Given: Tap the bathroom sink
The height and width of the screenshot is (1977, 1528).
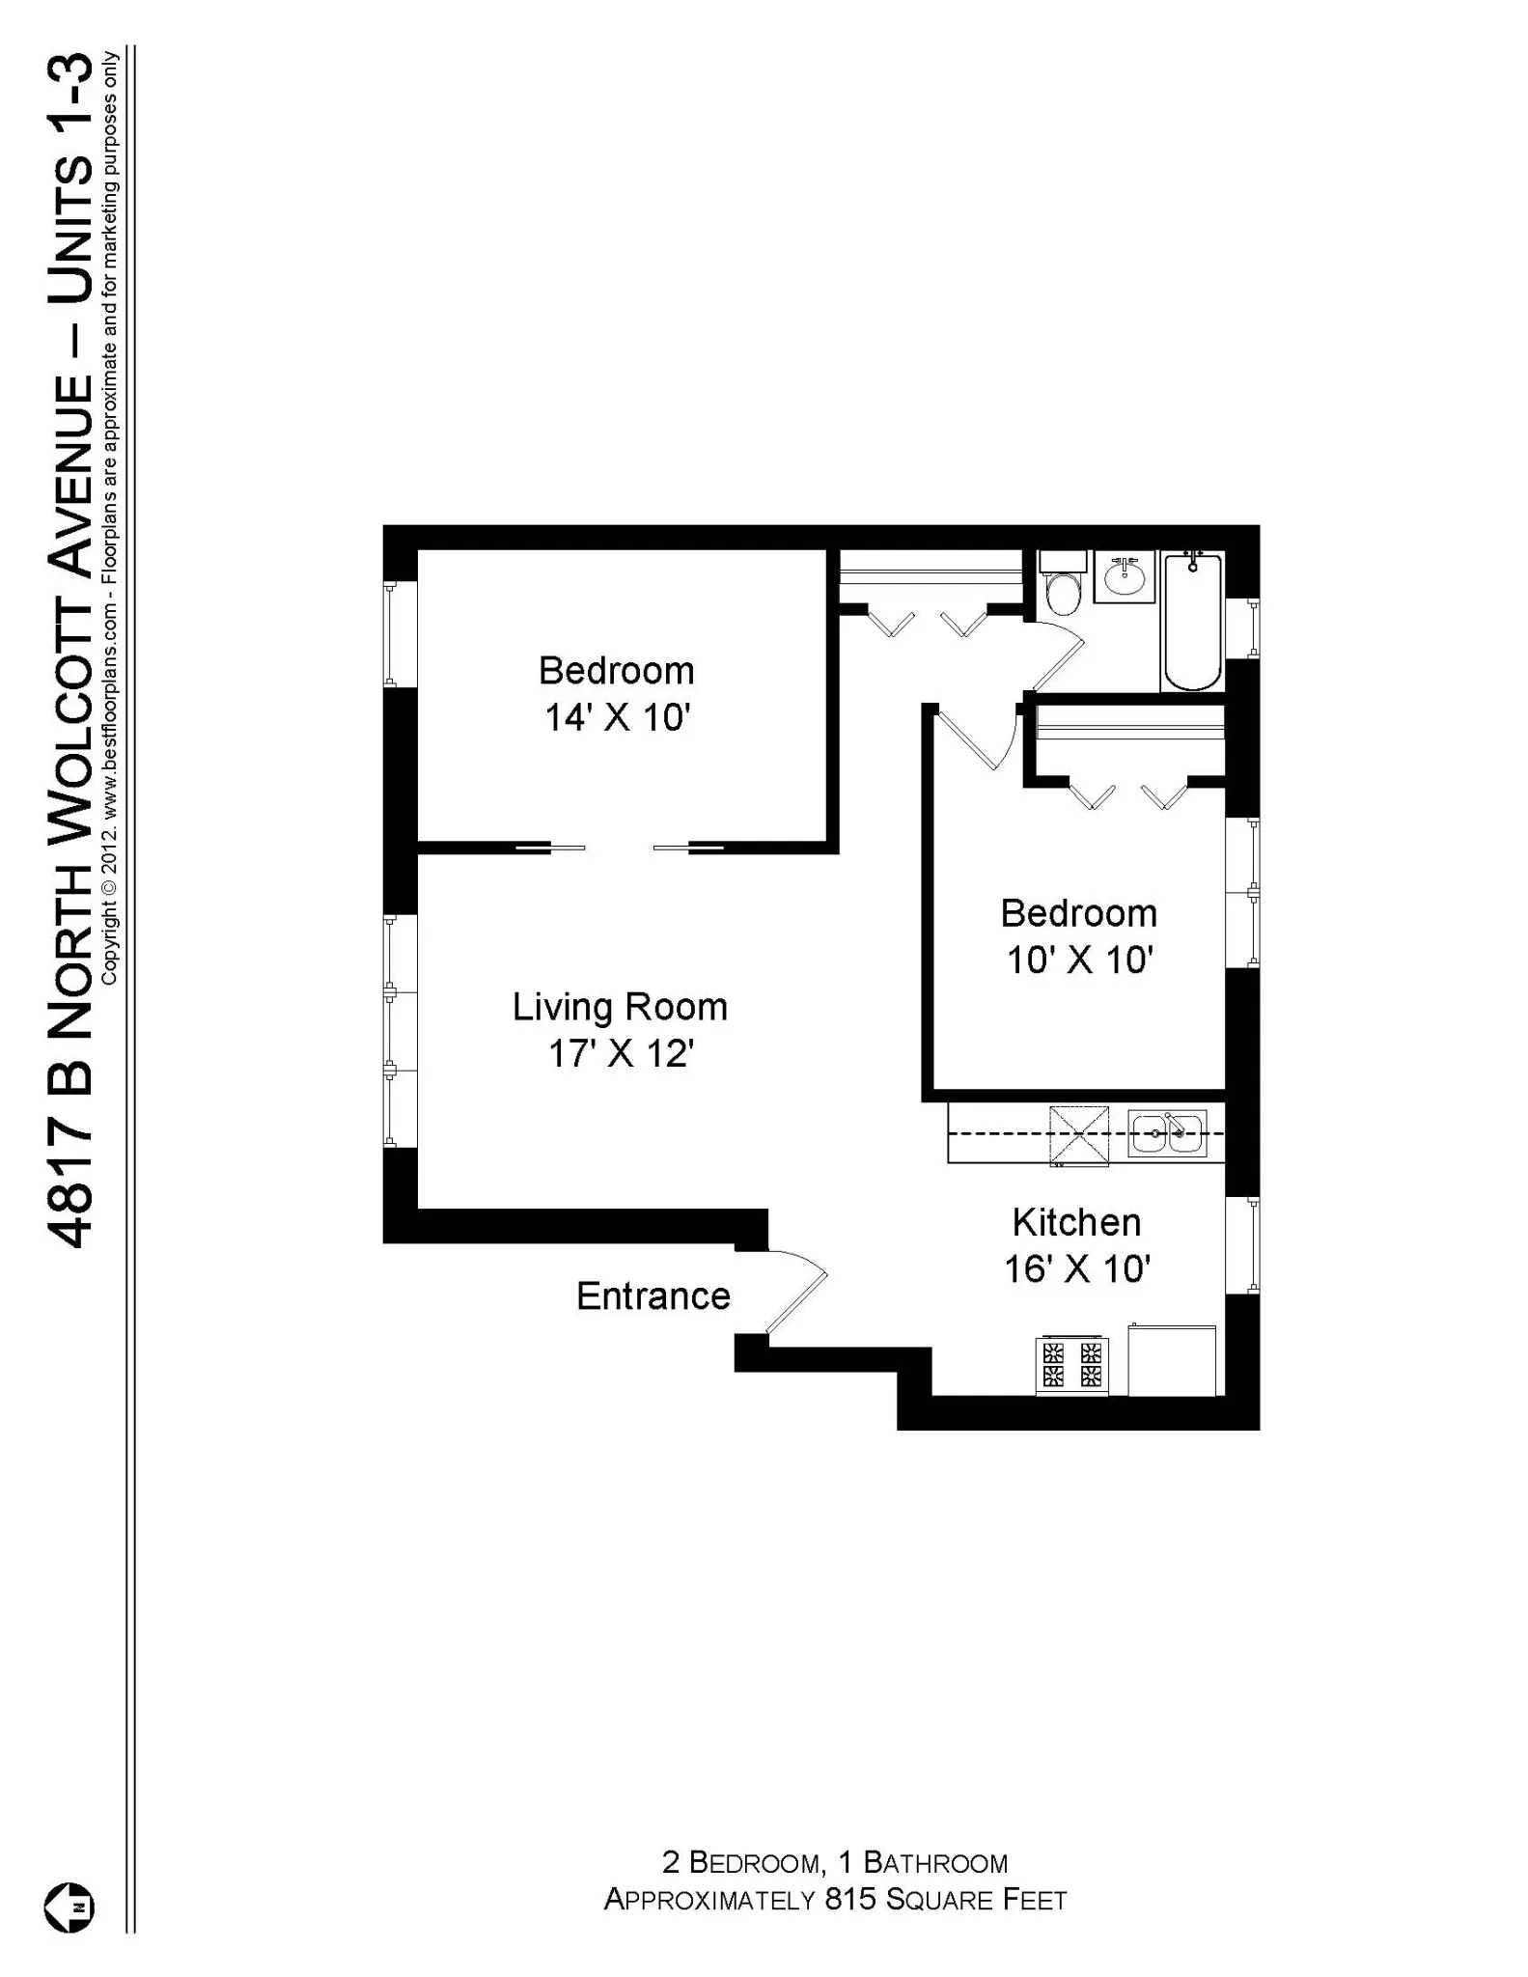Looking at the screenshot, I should pyautogui.click(x=1125, y=578).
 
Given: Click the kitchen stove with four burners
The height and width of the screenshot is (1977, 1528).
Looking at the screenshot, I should pyautogui.click(x=1071, y=1365).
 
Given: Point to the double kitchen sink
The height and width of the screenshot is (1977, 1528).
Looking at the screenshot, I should pyautogui.click(x=1168, y=1133).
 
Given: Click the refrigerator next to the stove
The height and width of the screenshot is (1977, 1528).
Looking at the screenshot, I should pyautogui.click(x=1171, y=1361).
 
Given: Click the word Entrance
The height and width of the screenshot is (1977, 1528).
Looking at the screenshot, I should pyautogui.click(x=653, y=1296).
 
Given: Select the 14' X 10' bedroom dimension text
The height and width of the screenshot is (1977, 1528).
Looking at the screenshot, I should pyautogui.click(x=618, y=717).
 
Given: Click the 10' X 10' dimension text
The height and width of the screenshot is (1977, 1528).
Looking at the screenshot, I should pyautogui.click(x=1080, y=960).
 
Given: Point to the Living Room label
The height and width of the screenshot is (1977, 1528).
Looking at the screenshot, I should pyautogui.click(x=620, y=1007).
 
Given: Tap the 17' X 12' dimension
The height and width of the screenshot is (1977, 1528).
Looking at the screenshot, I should pyautogui.click(x=622, y=1053).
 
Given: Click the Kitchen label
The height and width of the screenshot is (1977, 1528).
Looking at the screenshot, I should pyautogui.click(x=1076, y=1222).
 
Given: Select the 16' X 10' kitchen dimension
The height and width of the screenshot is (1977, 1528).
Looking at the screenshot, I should pyautogui.click(x=1077, y=1268).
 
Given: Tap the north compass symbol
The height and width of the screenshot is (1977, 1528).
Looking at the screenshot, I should pyautogui.click(x=69, y=1907).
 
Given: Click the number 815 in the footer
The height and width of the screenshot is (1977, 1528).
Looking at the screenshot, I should pyautogui.click(x=849, y=1900).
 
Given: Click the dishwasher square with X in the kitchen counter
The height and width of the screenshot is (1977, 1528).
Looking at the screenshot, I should pyautogui.click(x=1079, y=1134).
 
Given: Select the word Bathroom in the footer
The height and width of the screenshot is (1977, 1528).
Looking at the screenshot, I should pyautogui.click(x=935, y=1862).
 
